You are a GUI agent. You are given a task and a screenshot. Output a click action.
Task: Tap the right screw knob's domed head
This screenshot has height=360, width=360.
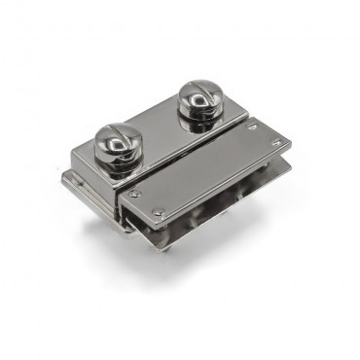click(x=200, y=99)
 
